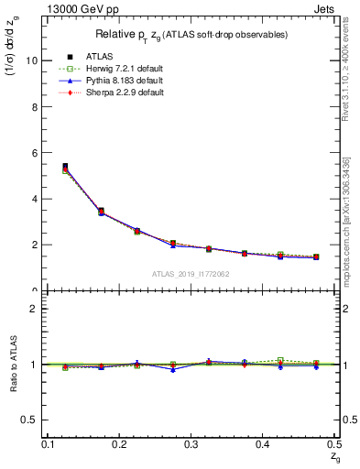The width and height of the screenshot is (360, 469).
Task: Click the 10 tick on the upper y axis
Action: pos(35,60)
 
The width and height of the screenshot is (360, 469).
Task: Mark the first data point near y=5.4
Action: pos(65,167)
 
